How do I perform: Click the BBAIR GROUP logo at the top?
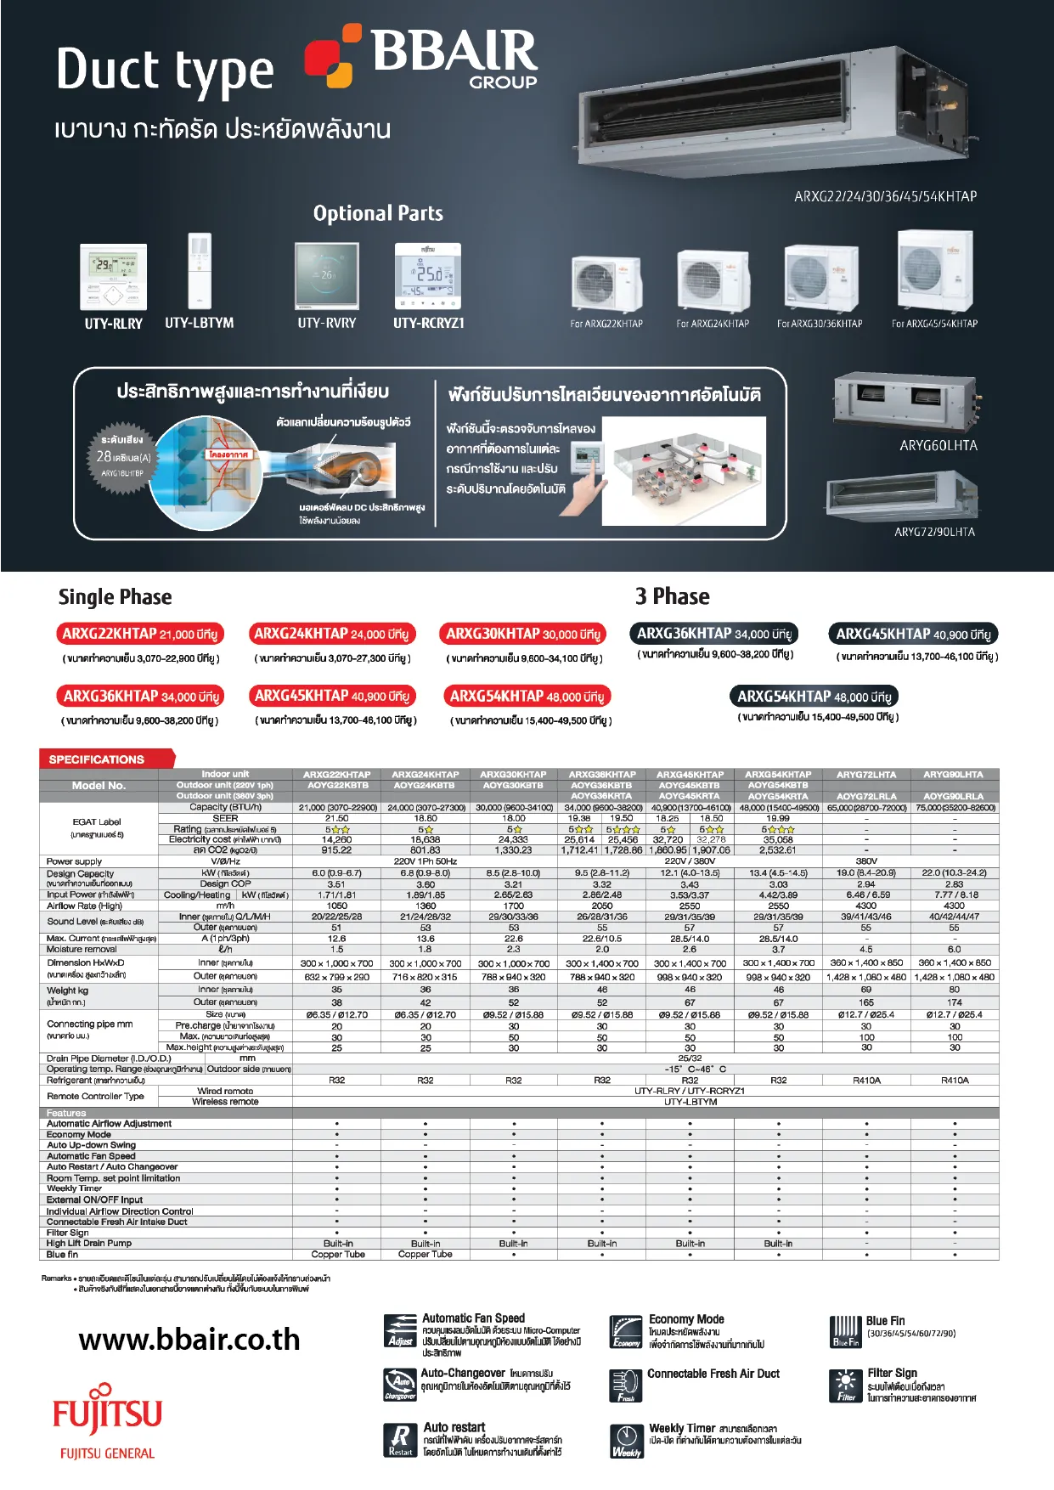[x=422, y=56]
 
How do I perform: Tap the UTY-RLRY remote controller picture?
[x=113, y=276]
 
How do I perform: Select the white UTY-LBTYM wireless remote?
[x=200, y=269]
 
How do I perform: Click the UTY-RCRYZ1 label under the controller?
[x=428, y=323]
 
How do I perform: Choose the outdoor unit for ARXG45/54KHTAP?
[x=934, y=271]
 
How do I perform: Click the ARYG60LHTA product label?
[x=938, y=446]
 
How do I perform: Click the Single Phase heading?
[x=115, y=597]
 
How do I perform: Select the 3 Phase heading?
[x=672, y=596]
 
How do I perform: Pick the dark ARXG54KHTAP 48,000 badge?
[x=814, y=697]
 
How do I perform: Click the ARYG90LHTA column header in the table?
[x=954, y=775]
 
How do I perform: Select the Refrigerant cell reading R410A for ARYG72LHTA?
[x=866, y=1081]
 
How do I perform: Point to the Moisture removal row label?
[x=82, y=949]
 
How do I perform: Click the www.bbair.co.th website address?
[x=189, y=1340]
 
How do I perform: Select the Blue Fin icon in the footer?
[x=846, y=1331]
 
